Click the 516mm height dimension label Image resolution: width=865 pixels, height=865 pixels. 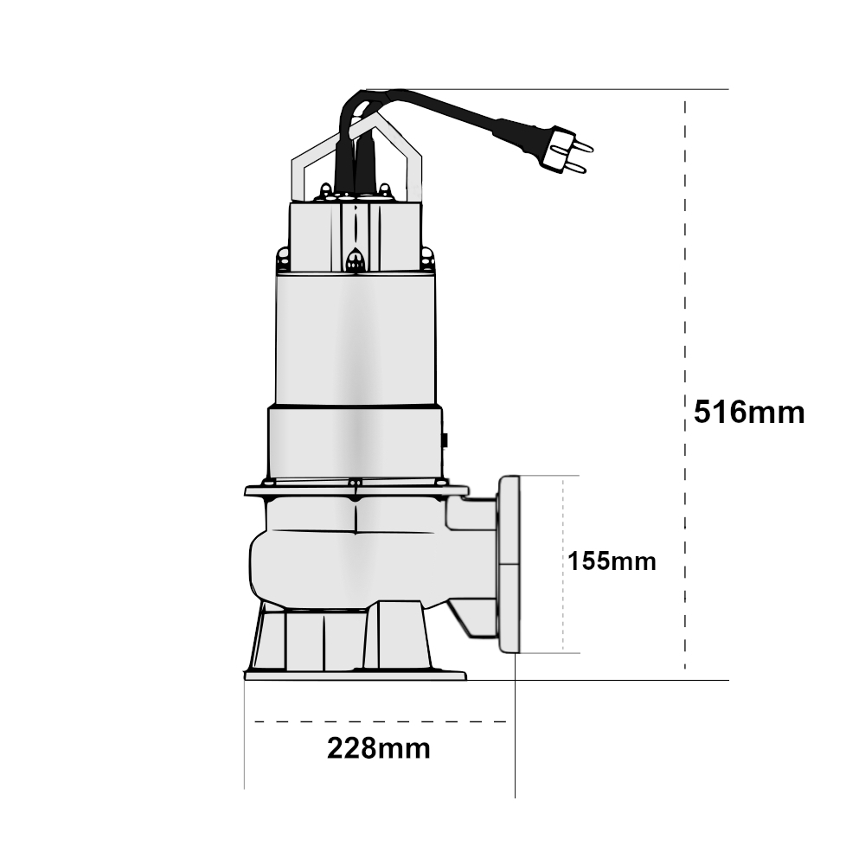[x=749, y=413]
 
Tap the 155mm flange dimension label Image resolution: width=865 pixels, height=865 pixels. [x=612, y=561]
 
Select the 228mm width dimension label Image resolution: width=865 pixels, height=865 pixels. [x=379, y=748]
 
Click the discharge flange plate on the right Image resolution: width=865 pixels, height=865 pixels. [x=509, y=564]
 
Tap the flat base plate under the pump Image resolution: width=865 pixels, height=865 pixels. [x=356, y=676]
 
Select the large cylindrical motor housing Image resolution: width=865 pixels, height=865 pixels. [x=356, y=339]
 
